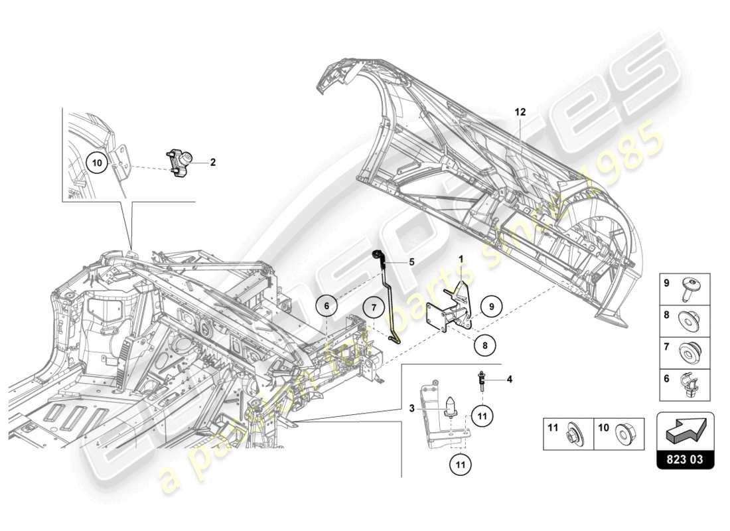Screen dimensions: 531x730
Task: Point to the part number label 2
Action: pyautogui.click(x=213, y=161)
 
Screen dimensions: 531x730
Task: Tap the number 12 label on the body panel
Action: pyautogui.click(x=519, y=113)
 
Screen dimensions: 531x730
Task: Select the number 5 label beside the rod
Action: pyautogui.click(x=411, y=262)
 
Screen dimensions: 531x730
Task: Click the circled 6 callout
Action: pyautogui.click(x=327, y=307)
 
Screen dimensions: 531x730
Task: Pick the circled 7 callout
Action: pyautogui.click(x=374, y=307)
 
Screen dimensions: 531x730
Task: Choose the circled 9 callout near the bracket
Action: pyautogui.click(x=492, y=307)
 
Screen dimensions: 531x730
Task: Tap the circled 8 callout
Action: pyautogui.click(x=485, y=345)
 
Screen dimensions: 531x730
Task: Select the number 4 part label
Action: pyautogui.click(x=510, y=380)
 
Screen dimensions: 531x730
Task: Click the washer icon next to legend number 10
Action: pyautogui.click(x=624, y=434)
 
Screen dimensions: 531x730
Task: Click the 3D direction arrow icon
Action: pyautogui.click(x=686, y=431)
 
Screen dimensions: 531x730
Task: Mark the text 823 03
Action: pyautogui.click(x=686, y=458)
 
